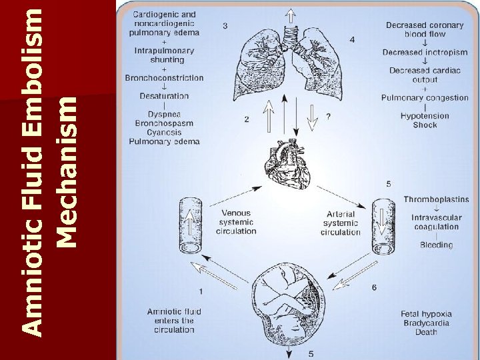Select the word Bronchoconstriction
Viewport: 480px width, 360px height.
[x=164, y=78]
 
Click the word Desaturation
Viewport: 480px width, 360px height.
[x=164, y=96]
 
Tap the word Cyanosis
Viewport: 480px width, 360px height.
[x=164, y=133]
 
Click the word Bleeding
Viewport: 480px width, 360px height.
[x=436, y=245]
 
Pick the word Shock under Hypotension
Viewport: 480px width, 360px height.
[x=425, y=125]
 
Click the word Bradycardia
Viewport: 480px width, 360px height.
[x=426, y=323]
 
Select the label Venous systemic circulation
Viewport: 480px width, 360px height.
[x=236, y=222]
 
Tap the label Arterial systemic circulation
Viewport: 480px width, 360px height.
[x=340, y=223]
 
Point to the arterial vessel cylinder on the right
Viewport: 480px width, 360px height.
[x=383, y=226]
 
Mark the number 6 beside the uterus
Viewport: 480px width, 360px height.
[x=374, y=287]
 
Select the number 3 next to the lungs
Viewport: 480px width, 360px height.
[x=225, y=26]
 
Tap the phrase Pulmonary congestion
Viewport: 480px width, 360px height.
[x=425, y=98]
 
